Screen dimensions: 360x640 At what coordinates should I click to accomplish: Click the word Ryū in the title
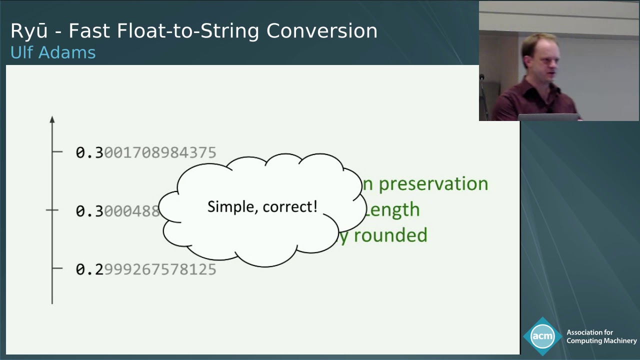point(29,31)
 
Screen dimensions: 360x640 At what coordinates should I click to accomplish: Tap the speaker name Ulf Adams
point(52,52)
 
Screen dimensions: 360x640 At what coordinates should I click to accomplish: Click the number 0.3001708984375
point(145,152)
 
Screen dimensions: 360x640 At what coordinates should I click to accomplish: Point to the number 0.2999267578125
point(145,269)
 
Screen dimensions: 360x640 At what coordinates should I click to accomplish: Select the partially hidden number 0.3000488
point(117,211)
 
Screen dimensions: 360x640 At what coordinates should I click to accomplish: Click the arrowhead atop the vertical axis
point(52,119)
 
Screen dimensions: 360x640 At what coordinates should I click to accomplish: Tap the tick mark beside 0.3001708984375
point(57,151)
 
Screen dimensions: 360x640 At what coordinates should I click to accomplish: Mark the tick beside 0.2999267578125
point(57,268)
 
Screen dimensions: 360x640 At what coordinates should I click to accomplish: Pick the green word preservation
point(433,184)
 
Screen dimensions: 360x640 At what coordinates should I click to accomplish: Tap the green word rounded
point(390,235)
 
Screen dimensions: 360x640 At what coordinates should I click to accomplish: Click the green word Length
point(392,209)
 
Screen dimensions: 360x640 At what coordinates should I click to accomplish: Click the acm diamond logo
point(542,336)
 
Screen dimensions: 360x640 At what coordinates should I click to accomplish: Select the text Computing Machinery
point(601,341)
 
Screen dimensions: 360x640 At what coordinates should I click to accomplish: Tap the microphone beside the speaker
point(482,78)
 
